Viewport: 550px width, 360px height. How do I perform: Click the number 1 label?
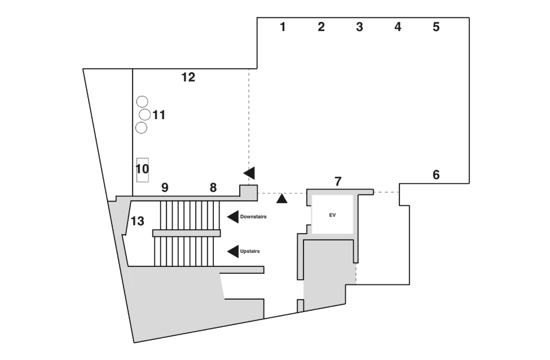(x=283, y=27)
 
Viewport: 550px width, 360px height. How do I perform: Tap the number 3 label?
(x=359, y=27)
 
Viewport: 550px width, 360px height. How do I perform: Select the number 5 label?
(x=436, y=27)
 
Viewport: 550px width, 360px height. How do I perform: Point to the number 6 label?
(x=436, y=175)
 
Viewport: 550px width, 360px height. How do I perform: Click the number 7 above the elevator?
(x=338, y=181)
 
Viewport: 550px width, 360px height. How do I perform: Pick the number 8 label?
(x=213, y=188)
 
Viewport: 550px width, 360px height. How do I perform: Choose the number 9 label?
(x=165, y=188)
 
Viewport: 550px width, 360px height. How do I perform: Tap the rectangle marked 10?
(x=142, y=170)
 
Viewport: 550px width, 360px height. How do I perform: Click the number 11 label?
(x=159, y=115)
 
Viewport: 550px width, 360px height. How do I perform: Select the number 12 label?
(x=188, y=77)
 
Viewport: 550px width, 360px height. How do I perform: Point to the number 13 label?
(x=138, y=221)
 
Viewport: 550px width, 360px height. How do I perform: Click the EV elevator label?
(x=332, y=215)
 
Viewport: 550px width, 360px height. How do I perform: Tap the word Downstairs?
(x=253, y=217)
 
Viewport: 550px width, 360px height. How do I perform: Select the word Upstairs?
(x=250, y=251)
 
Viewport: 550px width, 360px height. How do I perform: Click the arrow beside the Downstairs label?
(x=233, y=217)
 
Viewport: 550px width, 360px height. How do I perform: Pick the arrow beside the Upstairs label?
(x=233, y=251)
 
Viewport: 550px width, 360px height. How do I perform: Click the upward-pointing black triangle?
(x=281, y=199)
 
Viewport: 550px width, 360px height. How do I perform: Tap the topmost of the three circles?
(x=142, y=102)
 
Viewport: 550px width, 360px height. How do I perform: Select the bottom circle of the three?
(x=141, y=128)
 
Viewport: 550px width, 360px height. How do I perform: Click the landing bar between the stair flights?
(x=187, y=233)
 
